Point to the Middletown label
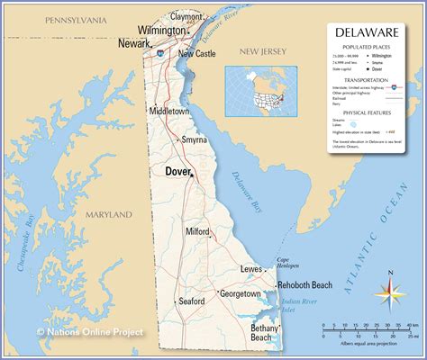pos(169,111)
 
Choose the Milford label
pos(197,231)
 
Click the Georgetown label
pos(241,294)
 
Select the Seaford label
pos(192,301)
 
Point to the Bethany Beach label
pos(265,333)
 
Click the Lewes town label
pos(251,269)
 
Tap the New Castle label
pos(197,53)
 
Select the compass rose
pos(389,289)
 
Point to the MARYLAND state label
pos(108,215)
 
